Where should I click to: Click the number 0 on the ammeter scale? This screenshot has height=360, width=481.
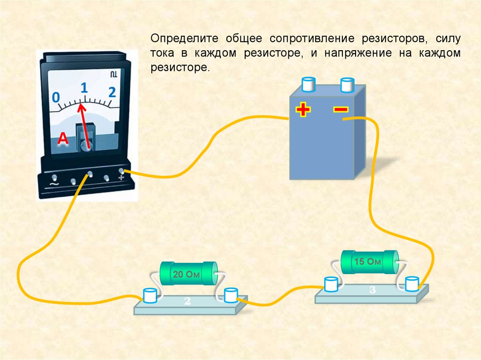pyautogui.click(x=55, y=97)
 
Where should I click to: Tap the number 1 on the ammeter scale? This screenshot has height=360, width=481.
pyautogui.click(x=85, y=87)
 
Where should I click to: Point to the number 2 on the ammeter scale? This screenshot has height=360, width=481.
pyautogui.click(x=112, y=92)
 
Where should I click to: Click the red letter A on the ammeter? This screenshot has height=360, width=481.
pyautogui.click(x=63, y=139)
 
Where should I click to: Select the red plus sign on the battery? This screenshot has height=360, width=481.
pyautogui.click(x=303, y=110)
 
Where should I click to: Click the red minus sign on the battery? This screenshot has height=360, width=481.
pyautogui.click(x=341, y=109)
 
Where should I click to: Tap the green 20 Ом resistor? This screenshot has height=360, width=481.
pyautogui.click(x=188, y=275)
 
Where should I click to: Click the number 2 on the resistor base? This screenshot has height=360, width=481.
pyautogui.click(x=187, y=302)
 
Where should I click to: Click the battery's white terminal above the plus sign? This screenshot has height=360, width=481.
pyautogui.click(x=309, y=85)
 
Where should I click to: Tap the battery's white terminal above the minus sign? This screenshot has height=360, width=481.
pyautogui.click(x=347, y=85)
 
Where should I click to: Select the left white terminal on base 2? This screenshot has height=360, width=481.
pyautogui.click(x=150, y=296)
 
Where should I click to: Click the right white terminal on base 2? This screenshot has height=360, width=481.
pyautogui.click(x=230, y=295)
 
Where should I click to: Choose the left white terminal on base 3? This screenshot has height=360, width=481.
pyautogui.click(x=331, y=284)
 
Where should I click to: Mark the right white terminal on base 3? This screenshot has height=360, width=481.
pyautogui.click(x=412, y=283)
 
